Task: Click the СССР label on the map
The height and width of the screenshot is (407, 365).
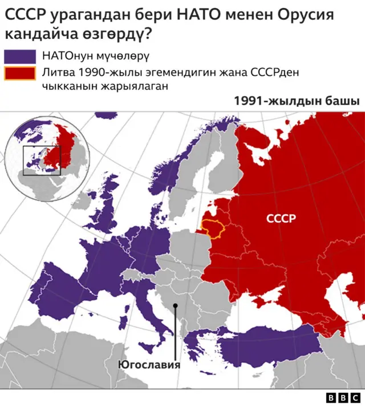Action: point(281,219)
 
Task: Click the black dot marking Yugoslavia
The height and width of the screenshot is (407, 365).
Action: point(176,305)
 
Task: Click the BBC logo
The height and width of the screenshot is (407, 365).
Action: point(343,398)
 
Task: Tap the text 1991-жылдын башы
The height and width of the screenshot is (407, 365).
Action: point(296,101)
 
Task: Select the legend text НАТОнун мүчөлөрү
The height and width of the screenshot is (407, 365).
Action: point(95,56)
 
